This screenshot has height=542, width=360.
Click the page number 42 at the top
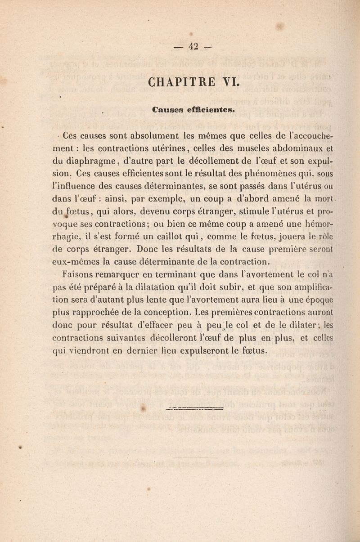(x=193, y=45)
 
